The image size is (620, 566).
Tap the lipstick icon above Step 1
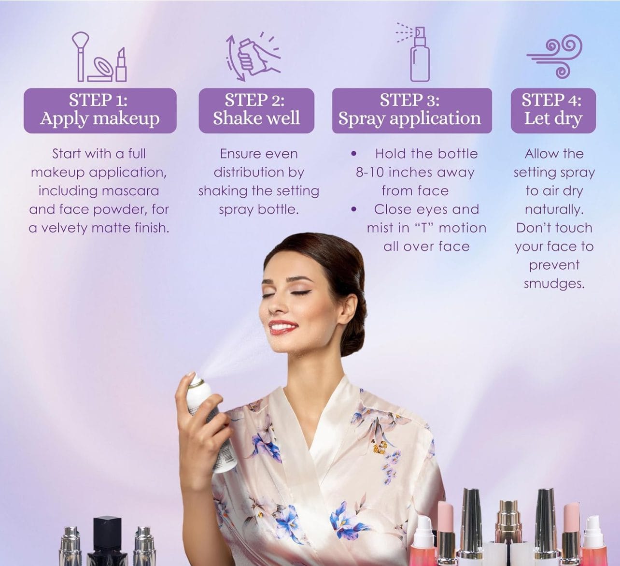click(121, 64)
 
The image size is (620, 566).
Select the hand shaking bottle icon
click(253, 57)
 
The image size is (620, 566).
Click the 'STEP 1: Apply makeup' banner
click(100, 111)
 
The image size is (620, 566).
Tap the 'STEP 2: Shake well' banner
click(256, 111)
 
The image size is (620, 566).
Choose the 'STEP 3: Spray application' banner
click(412, 111)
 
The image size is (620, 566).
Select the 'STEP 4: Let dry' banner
click(553, 111)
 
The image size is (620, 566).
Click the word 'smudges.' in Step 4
click(554, 284)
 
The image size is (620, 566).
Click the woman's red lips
click(282, 326)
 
